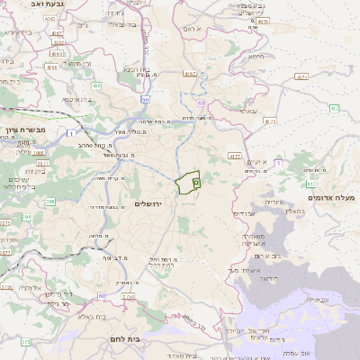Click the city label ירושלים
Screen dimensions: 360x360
150,204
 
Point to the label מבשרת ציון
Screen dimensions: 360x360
22,130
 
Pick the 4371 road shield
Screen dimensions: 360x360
235,157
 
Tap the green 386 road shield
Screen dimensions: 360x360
26,217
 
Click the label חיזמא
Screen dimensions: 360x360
257,57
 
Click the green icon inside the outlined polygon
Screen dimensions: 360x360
194,182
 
